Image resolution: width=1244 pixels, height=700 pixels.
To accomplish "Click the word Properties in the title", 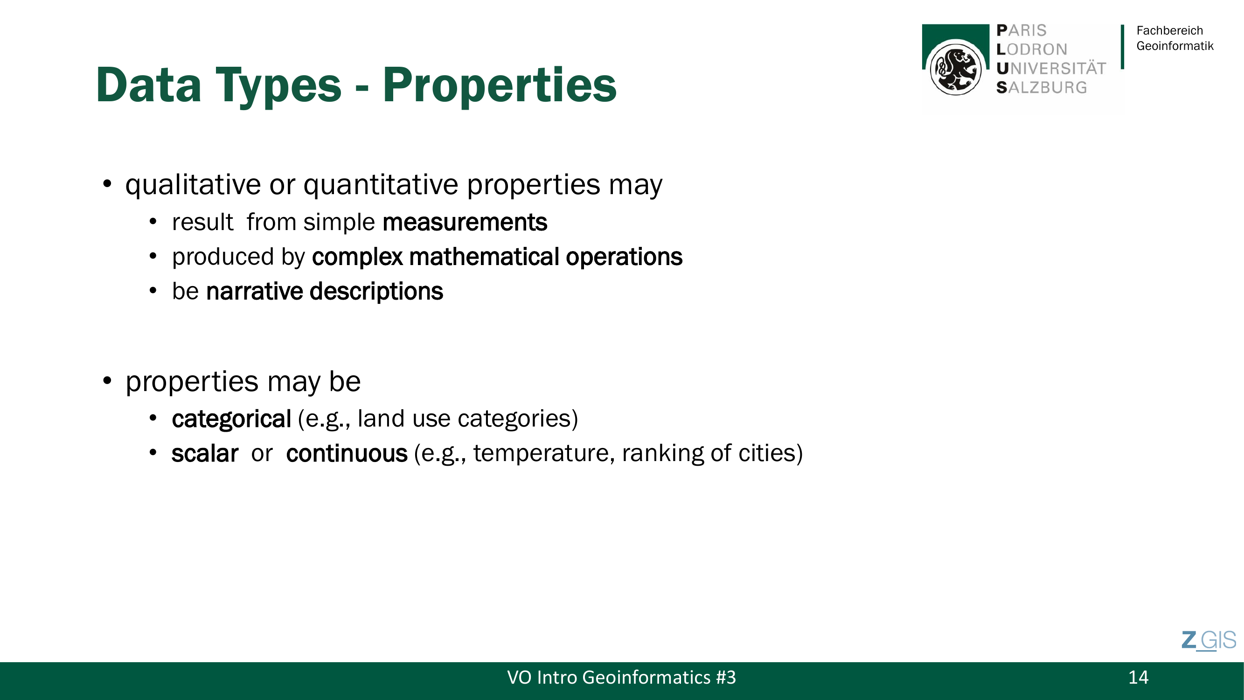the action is (500, 85).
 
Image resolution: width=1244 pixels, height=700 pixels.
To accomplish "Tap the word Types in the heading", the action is (278, 85).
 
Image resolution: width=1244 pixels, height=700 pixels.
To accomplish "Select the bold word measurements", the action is (465, 223).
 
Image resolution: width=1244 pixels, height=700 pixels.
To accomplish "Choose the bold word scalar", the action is (205, 454).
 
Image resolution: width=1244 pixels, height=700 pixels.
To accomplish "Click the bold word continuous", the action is (347, 454).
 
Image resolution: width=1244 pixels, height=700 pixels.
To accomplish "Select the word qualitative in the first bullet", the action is (193, 185).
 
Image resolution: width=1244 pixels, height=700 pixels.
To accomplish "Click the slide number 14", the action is (1138, 677).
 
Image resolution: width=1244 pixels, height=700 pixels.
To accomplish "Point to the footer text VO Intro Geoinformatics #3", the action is (621, 677).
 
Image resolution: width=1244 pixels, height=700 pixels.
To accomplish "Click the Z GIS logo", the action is (1208, 641).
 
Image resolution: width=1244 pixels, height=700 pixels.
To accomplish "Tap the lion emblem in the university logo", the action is (956, 69).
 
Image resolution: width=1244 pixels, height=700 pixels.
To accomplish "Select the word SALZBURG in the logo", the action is (1042, 87).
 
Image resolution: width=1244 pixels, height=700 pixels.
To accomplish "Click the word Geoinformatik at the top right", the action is (1175, 46).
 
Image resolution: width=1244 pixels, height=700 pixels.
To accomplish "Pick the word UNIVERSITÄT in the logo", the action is (1051, 69).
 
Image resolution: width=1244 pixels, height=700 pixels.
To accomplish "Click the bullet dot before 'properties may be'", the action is (107, 381).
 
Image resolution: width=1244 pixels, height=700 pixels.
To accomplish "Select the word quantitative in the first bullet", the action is (381, 185).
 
